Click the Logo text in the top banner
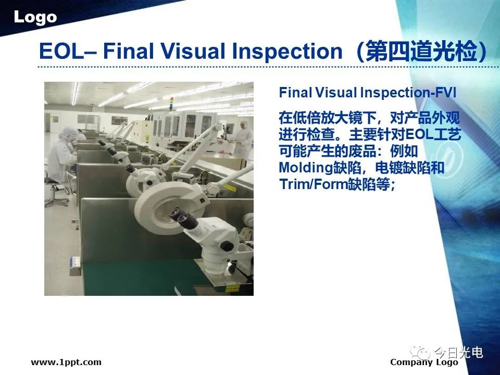click(x=35, y=17)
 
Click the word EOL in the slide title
click(x=61, y=51)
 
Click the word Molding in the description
click(x=306, y=168)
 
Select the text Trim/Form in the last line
click(x=313, y=184)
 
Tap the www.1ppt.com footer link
click(x=66, y=362)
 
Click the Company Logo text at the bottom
click(x=424, y=362)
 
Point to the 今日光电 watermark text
click(x=458, y=353)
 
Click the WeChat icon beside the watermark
click(x=420, y=353)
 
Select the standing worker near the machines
click(x=243, y=139)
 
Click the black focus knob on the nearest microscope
click(x=227, y=246)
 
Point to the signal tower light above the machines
click(x=171, y=103)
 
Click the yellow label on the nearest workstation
click(x=232, y=289)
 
